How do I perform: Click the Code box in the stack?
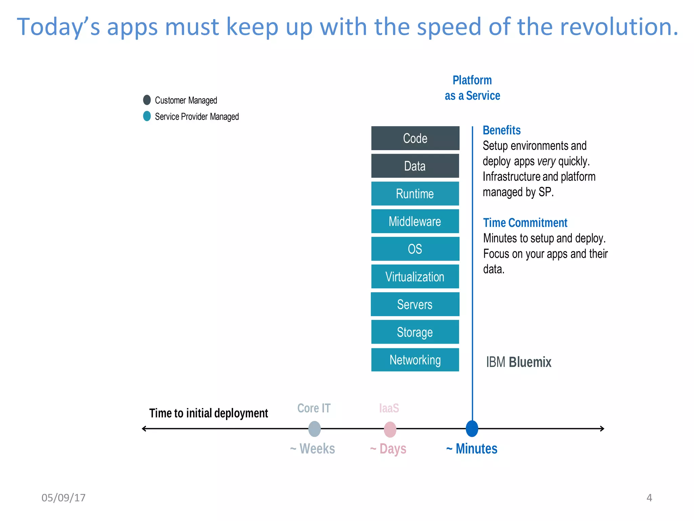(415, 138)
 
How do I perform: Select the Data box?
(415, 166)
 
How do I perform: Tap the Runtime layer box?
(415, 194)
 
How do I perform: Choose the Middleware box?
(415, 221)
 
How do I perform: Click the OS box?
(415, 249)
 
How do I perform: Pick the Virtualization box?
(415, 277)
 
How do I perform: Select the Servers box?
(415, 304)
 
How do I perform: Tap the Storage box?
(415, 332)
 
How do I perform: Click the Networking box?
(415, 360)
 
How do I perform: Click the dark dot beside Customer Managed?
(147, 100)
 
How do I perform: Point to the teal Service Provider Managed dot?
(147, 116)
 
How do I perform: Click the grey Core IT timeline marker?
(314, 429)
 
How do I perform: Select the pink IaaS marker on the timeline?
(390, 429)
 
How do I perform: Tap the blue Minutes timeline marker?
(472, 428)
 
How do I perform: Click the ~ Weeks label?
(313, 449)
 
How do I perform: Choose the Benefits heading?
(502, 130)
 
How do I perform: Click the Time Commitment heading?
(525, 223)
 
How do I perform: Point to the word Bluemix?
(530, 362)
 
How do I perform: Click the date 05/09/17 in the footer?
(63, 498)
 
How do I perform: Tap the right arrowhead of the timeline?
(602, 429)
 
